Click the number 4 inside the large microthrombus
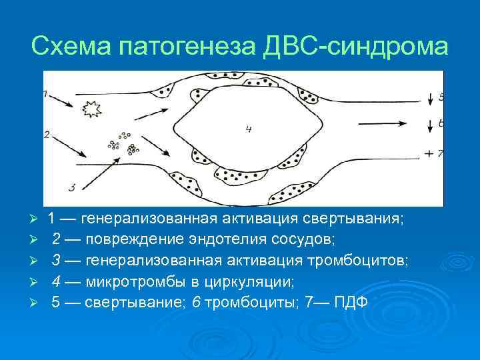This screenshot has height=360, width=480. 248,128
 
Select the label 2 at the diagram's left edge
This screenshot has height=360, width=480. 47,134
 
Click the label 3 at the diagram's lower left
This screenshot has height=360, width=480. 71,186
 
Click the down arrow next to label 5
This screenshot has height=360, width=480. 429,97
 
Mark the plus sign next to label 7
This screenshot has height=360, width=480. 429,154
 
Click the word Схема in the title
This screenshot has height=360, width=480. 71,47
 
